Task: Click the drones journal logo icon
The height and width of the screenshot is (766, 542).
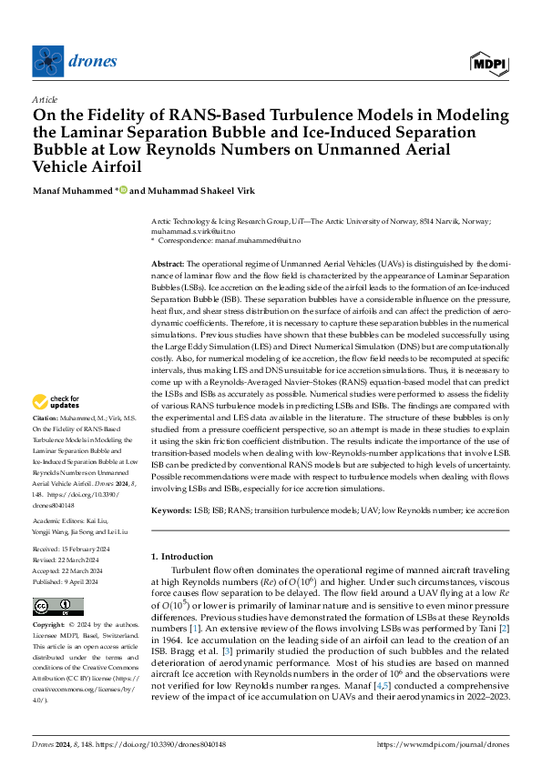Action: (x=49, y=61)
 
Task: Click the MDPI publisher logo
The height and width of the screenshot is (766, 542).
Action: (x=489, y=63)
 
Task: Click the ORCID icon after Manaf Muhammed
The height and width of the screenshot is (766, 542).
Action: (x=124, y=190)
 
